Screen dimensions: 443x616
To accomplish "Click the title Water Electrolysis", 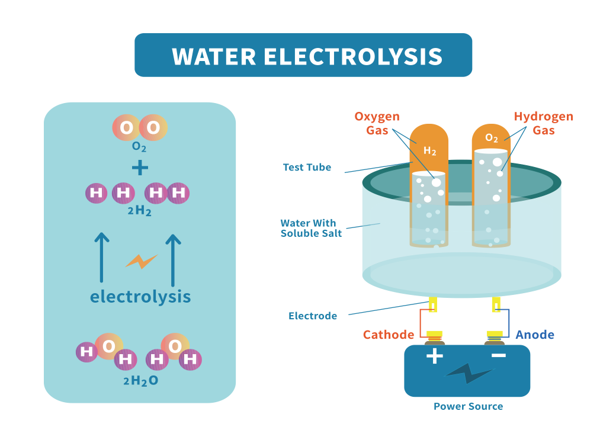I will [307, 56].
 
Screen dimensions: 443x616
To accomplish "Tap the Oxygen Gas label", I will [377, 123].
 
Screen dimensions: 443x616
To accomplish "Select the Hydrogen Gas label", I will [543, 123].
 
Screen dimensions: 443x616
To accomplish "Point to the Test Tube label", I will [307, 168].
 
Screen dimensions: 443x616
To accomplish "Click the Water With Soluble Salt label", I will [308, 228].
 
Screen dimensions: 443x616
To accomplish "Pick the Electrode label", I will [313, 316].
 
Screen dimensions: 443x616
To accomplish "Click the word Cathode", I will [389, 335].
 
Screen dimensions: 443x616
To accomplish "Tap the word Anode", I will [535, 335].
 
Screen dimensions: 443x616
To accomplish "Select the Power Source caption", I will [468, 406].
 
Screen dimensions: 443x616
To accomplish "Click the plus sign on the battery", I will [435, 356].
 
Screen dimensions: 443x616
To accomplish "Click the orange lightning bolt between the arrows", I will [140, 261].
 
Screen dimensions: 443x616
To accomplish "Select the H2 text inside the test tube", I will [429, 152].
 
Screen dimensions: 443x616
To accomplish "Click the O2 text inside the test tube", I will [492, 138].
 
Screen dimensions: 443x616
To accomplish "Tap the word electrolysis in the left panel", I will [140, 296].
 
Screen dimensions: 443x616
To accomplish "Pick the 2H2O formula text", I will [141, 381].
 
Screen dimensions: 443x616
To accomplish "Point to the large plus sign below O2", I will [140, 168].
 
